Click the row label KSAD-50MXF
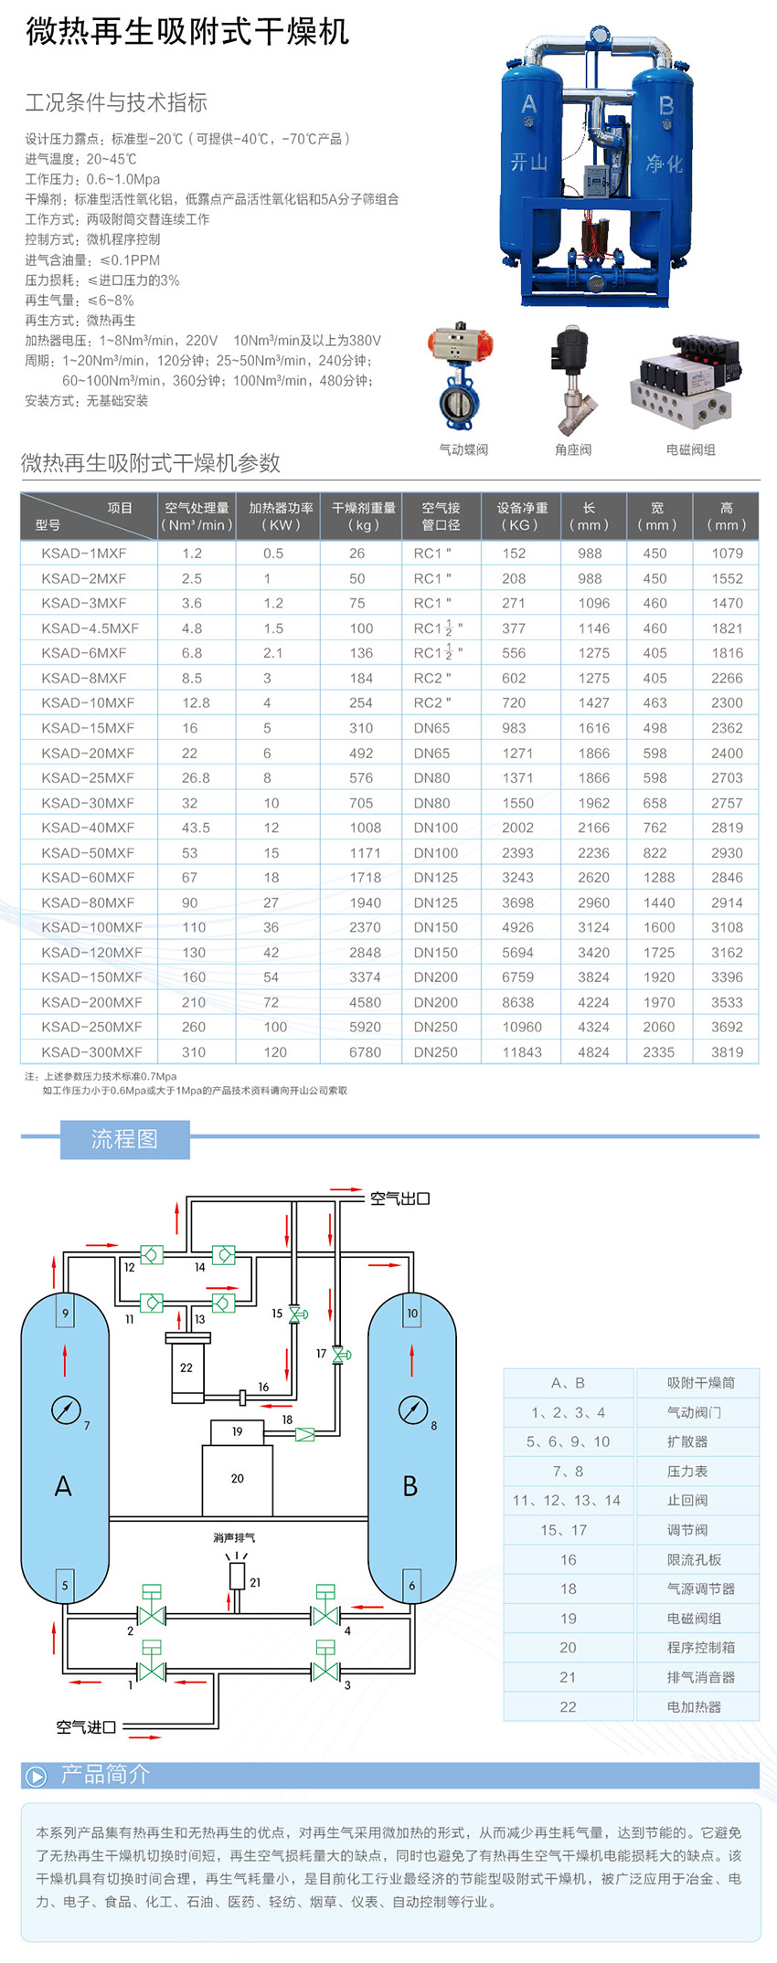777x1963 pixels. pos(88,852)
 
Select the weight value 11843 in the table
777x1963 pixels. pos(522,1052)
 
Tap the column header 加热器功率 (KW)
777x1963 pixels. pos(281,516)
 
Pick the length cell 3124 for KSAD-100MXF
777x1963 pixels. pos(593,927)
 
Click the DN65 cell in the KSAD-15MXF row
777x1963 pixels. pos(431,728)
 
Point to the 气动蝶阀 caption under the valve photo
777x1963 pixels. pos(463,449)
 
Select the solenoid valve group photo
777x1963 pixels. pos(686,379)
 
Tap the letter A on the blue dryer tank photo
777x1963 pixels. pos(529,105)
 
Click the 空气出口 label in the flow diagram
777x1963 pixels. pos(399,1198)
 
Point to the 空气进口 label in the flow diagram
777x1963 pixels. pos(86,1726)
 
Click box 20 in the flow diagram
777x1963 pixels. pos(238,1478)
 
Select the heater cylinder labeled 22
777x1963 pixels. pos(186,1367)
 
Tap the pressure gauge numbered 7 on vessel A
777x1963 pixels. pos(66,1409)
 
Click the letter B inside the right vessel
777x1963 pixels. pos(410,1486)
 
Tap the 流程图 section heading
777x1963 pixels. pos(124,1139)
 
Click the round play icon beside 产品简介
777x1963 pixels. pos(37,1777)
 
